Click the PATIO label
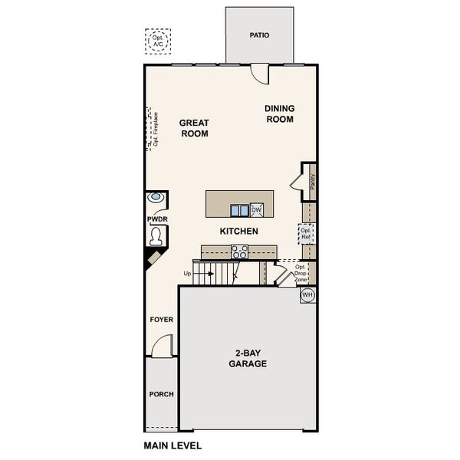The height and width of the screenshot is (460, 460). pos(259,35)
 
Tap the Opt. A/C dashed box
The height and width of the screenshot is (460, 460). pos(159,41)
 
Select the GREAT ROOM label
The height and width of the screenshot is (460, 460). pos(194,128)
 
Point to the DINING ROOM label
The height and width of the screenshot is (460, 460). pos(280,113)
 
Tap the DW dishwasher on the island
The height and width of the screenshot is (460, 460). pos(257,209)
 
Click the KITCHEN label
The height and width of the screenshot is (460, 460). pos(238,231)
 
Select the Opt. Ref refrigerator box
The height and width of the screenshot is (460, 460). pos(306,233)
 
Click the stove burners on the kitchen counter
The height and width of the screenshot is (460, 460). pos(239,251)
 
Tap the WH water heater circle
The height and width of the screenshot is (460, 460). pos(307,295)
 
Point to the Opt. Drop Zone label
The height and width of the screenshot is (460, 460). pos(300,274)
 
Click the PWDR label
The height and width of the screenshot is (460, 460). pos(157,219)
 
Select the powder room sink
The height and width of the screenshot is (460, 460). pos(156,197)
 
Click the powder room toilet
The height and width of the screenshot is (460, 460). pos(157,236)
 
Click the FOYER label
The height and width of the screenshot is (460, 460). pos(161,319)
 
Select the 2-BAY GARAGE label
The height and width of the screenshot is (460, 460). pos(248,358)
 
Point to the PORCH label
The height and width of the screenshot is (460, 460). pos(161,395)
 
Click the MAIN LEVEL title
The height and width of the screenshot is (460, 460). pos(172,445)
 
